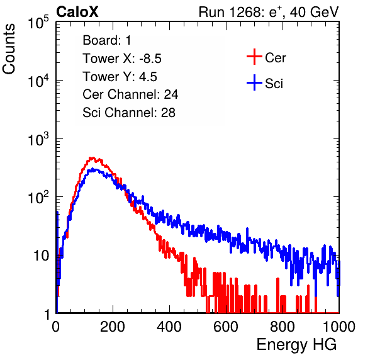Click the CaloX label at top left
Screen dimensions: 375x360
point(77,12)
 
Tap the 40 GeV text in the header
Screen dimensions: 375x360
point(314,12)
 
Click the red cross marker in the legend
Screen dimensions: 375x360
point(254,57)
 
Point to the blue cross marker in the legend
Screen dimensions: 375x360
point(254,82)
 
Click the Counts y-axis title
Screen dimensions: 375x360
point(9,49)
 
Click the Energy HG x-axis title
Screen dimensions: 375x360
point(296,345)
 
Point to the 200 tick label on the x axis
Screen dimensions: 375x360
point(113,327)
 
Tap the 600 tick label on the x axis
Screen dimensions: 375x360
point(226,327)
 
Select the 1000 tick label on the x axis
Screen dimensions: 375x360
point(339,327)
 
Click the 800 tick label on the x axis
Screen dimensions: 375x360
point(283,327)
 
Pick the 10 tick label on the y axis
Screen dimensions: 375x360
point(42,256)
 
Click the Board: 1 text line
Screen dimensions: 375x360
point(107,40)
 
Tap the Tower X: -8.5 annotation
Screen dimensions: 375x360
point(122,59)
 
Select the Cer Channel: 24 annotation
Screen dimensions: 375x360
point(130,94)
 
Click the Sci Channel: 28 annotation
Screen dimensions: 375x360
point(129,113)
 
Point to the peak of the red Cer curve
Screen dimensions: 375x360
point(92,158)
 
